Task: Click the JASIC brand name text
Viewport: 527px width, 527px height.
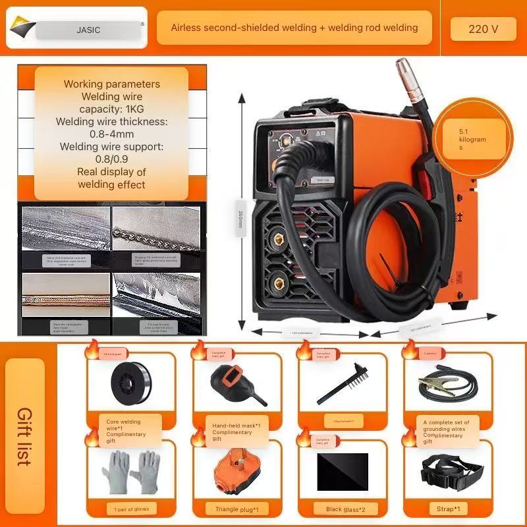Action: click(x=88, y=30)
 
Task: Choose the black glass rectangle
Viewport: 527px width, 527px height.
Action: click(x=342, y=471)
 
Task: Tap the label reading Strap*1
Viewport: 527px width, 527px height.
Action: click(x=448, y=509)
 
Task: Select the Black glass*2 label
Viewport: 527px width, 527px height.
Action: click(x=343, y=509)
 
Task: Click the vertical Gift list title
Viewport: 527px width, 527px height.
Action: click(x=24, y=436)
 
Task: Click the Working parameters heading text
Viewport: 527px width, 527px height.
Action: click(x=111, y=84)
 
